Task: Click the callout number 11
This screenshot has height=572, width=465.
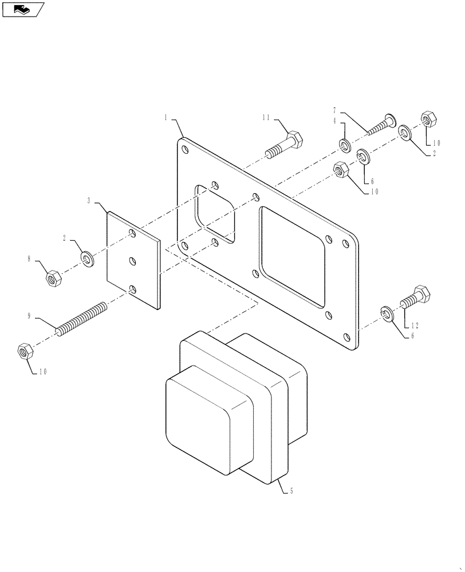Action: coord(266,118)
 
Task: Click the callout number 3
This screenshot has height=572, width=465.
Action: coord(89,201)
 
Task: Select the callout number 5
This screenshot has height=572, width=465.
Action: coord(292,491)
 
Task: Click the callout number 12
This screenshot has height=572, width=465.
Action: coord(415,325)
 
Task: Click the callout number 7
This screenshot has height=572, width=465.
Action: coord(334,109)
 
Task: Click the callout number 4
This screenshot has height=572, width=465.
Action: coord(334,121)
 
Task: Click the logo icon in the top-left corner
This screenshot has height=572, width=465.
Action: coord(23,9)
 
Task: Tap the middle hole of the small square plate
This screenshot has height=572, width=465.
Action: coord(133,261)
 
